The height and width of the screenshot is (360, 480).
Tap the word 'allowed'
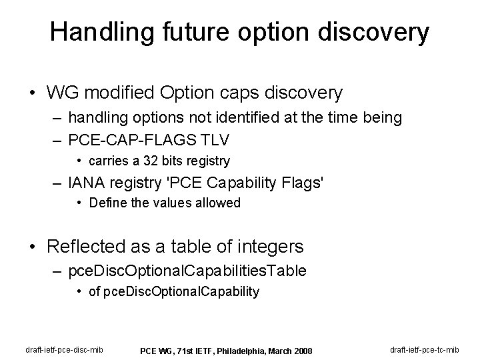215,203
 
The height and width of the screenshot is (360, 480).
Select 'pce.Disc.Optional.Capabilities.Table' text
188,271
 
